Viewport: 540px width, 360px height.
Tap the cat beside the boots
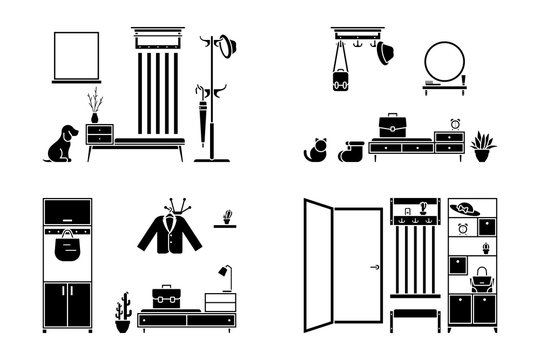[x=315, y=149]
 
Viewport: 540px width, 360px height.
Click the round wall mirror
[x=442, y=62]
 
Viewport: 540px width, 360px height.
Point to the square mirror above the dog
[x=77, y=57]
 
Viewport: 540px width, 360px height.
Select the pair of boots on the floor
[x=349, y=151]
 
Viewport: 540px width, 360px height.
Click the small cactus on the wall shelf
[x=229, y=215]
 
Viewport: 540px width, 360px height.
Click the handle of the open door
[x=374, y=267]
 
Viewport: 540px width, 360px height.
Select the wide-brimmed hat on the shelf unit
[x=462, y=209]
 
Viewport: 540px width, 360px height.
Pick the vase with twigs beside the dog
[x=95, y=106]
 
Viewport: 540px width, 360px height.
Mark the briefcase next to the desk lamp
[x=165, y=298]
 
